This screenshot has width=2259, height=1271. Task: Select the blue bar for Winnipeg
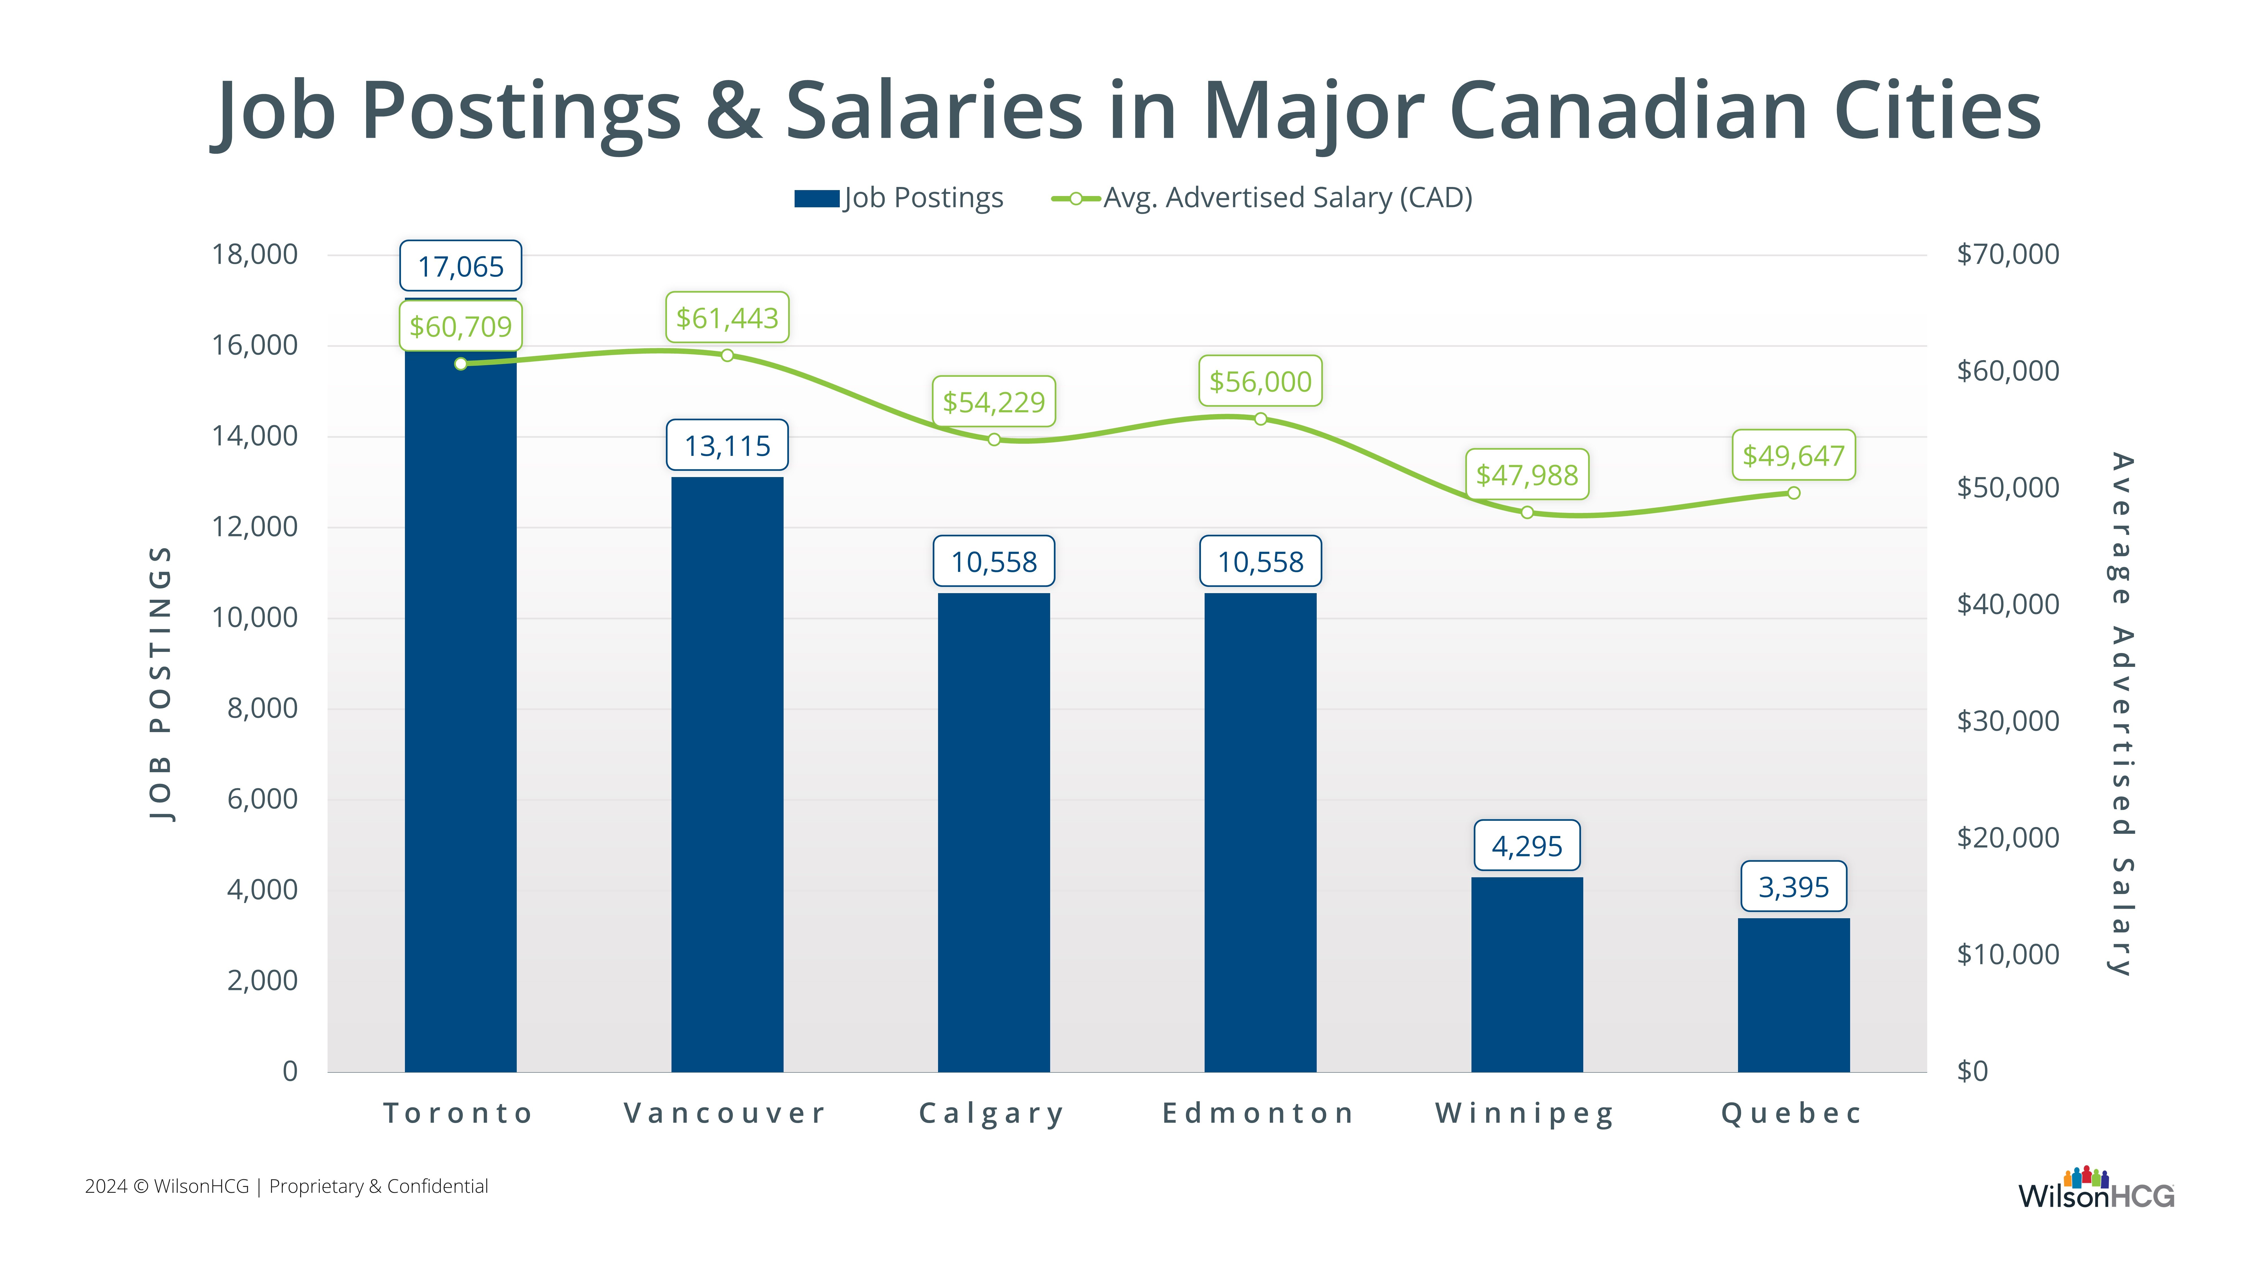tap(1527, 974)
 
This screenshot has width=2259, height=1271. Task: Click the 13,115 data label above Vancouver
tap(727, 446)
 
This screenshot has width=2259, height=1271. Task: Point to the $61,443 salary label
tap(727, 317)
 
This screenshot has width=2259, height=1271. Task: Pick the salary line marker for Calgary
tap(994, 439)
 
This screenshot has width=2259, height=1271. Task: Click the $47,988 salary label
tap(1527, 475)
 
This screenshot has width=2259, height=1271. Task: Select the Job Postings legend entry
tap(899, 198)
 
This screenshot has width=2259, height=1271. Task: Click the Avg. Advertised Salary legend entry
tap(1263, 198)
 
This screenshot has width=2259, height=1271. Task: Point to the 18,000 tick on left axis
tap(254, 254)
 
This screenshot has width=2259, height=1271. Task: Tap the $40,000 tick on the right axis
tap(2007, 604)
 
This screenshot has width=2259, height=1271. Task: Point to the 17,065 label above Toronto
tap(460, 266)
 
